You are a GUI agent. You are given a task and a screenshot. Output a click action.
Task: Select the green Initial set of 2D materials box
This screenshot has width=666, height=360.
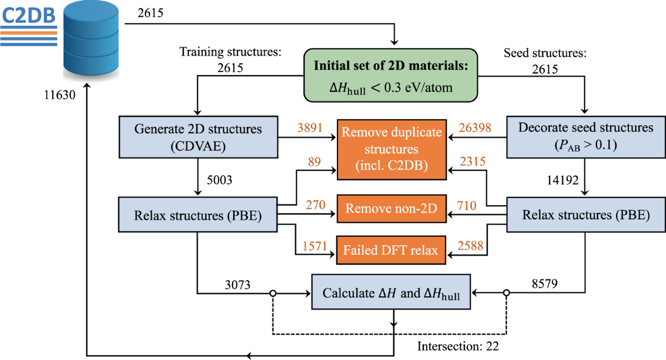tap(392, 74)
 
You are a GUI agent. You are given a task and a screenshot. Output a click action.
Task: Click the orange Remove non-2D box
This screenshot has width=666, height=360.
tap(392, 209)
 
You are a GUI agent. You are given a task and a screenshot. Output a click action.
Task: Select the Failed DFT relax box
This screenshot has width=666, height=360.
tap(392, 250)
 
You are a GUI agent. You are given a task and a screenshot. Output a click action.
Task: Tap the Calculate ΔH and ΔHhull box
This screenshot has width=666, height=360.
tap(391, 292)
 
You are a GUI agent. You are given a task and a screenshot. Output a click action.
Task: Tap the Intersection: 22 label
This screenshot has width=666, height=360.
tap(458, 347)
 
